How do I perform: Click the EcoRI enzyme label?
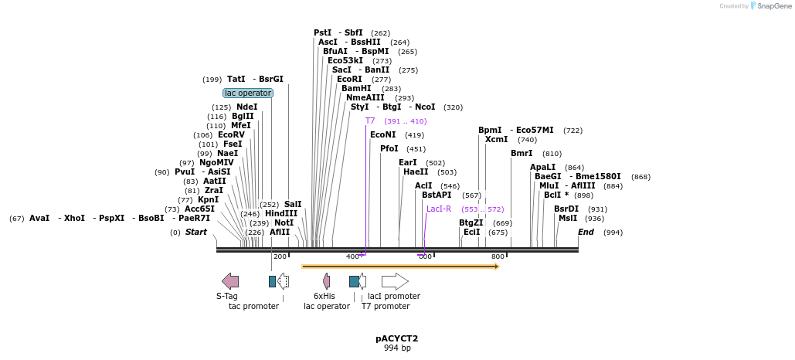349,79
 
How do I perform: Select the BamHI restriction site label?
356,88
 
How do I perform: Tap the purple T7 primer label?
370,121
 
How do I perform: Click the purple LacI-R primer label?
439,209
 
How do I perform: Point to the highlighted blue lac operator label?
248,93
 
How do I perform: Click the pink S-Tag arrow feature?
230,281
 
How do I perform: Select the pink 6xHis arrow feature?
327,281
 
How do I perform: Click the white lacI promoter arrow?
395,281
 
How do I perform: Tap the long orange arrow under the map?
400,267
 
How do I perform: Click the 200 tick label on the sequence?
280,256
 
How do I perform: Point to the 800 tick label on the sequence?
498,256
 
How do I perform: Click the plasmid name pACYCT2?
397,338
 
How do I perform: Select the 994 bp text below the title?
397,348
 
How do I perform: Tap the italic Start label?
196,232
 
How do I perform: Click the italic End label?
586,232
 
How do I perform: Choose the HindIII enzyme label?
281,213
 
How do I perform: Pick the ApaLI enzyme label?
542,167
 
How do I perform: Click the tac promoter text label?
253,306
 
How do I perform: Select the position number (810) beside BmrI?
552,153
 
